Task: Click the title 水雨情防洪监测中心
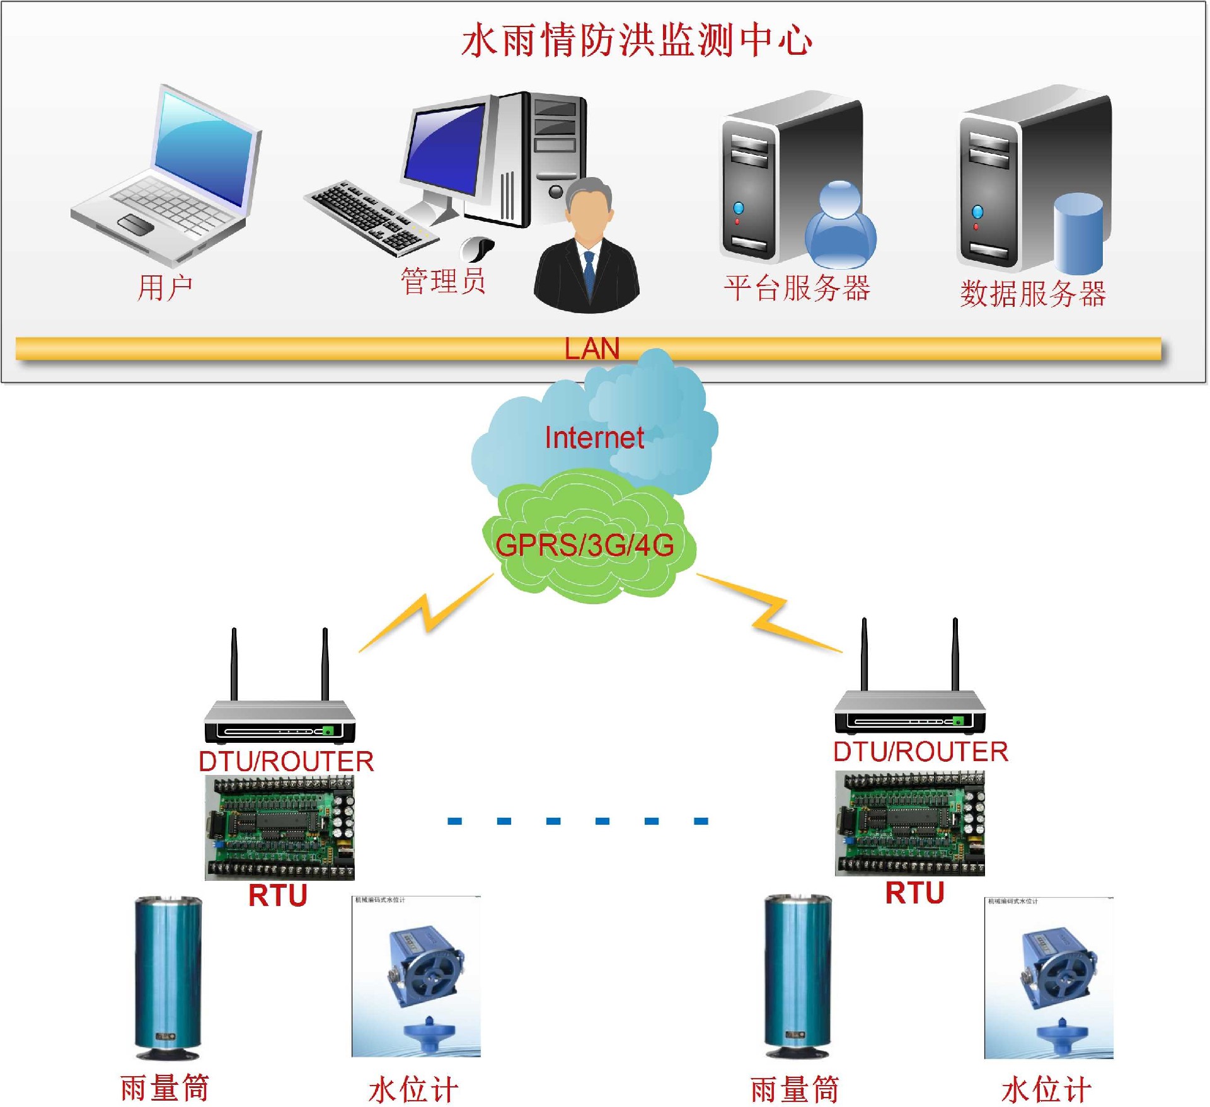[x=637, y=41]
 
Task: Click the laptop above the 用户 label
[x=167, y=176]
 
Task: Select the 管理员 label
[x=443, y=281]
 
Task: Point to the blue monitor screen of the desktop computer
[x=445, y=148]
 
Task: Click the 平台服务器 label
[x=797, y=289]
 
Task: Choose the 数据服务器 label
[x=1033, y=294]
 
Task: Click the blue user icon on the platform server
[x=840, y=227]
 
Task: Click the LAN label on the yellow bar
[x=592, y=348]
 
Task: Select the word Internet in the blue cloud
[x=594, y=438]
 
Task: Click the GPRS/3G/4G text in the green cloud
[x=585, y=545]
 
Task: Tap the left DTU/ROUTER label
[x=286, y=761]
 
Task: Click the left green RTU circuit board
[x=280, y=827]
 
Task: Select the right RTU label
[x=914, y=893]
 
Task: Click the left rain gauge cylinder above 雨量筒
[x=168, y=977]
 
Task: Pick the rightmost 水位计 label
[x=1046, y=1089]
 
